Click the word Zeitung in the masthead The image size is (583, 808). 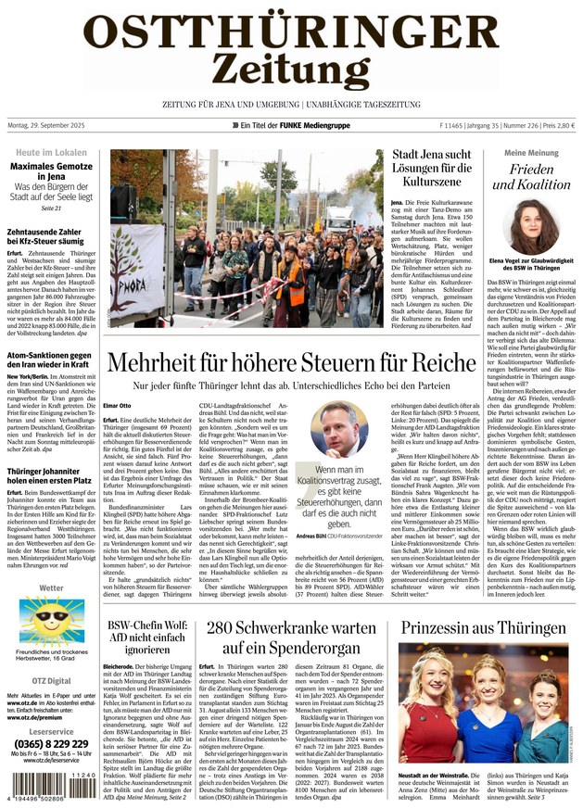[291, 66]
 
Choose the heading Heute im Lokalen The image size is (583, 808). [52, 152]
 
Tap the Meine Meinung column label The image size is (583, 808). [531, 152]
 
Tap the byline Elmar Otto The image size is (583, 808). [118, 405]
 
